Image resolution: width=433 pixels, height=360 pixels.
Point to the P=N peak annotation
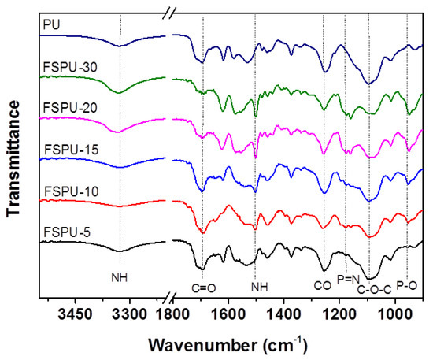(x=348, y=279)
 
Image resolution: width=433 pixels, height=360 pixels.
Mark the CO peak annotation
(x=323, y=285)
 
